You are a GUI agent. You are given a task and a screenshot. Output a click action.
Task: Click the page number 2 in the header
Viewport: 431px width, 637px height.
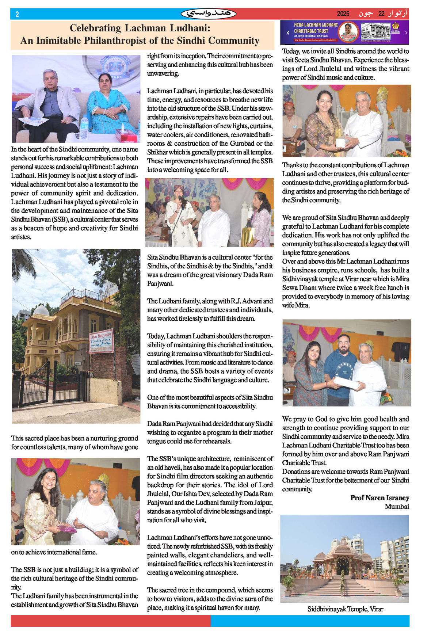pos(17,14)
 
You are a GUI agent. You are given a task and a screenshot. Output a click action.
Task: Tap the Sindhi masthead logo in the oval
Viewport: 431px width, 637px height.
pos(209,14)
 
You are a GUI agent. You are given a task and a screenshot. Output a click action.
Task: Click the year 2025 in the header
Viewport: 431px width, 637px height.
pos(343,14)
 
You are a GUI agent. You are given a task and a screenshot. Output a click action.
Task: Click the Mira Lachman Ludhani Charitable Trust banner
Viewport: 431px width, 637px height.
pos(344,33)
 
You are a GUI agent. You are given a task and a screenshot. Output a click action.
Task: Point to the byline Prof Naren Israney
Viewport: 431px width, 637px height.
pos(379,498)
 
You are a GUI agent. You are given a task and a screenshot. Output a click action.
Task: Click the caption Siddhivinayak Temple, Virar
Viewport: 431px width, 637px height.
pos(345,609)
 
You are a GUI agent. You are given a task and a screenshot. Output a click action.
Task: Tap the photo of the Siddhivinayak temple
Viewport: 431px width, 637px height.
pos(344,558)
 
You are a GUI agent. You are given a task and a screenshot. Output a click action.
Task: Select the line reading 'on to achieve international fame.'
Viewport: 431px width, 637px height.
pos(54,552)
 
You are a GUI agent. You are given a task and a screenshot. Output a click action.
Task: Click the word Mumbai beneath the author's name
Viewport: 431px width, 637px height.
pos(397,507)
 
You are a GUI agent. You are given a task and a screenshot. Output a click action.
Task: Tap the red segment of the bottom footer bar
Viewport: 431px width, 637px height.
pos(110,621)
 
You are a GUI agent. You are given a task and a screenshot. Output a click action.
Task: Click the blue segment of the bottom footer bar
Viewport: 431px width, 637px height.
pos(310,621)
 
